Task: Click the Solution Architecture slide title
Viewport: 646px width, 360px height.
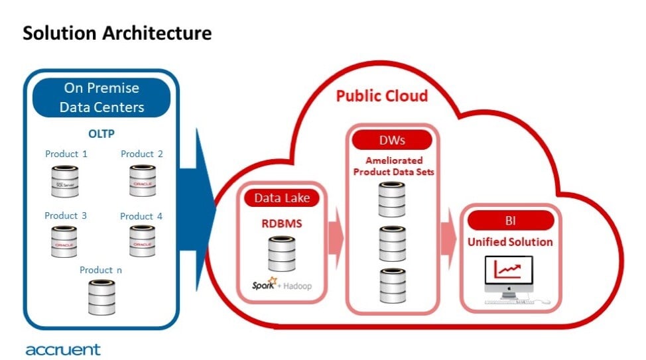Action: [117, 33]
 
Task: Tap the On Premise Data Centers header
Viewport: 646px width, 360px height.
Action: [102, 97]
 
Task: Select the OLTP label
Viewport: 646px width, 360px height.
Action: [102, 133]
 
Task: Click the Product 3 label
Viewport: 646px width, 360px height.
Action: [66, 215]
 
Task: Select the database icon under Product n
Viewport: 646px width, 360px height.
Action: [101, 296]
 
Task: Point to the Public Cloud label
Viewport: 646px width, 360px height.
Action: [381, 96]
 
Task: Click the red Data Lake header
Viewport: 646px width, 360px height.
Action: [281, 198]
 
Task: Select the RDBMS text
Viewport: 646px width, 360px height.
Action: [281, 223]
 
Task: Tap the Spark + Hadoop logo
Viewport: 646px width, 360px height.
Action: [281, 286]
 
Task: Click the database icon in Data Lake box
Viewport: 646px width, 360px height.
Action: [281, 254]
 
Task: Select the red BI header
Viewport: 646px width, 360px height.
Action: [510, 220]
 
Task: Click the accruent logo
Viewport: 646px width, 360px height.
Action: [63, 349]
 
